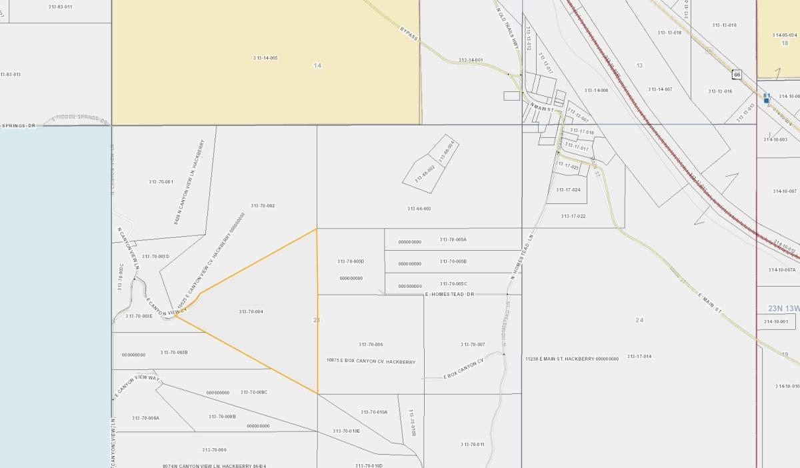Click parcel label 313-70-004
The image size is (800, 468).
[251, 312]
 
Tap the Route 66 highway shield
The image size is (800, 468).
[737, 74]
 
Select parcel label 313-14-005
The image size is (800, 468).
[265, 58]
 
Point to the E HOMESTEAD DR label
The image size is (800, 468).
[449, 294]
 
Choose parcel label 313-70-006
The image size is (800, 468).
[371, 345]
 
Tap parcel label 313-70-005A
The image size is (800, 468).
[453, 239]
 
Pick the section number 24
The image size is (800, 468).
[639, 320]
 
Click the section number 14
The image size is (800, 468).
[317, 65]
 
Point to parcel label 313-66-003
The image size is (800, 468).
[419, 209]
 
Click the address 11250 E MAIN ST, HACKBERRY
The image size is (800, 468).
[571, 359]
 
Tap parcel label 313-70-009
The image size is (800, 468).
[214, 450]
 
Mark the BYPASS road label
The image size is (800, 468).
[409, 33]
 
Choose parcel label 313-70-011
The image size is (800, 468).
[472, 444]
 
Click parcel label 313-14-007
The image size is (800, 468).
[660, 89]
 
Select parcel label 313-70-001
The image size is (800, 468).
[161, 182]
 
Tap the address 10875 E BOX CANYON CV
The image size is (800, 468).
[371, 362]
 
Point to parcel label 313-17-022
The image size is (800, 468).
[573, 216]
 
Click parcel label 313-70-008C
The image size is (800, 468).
[254, 392]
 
